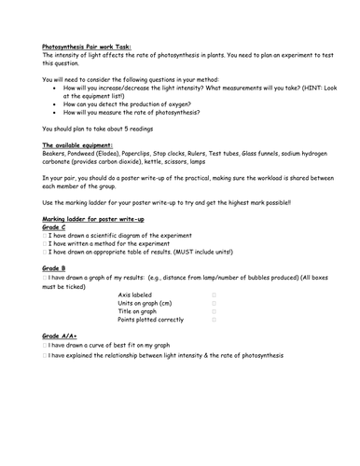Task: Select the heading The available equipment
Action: [83, 147]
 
